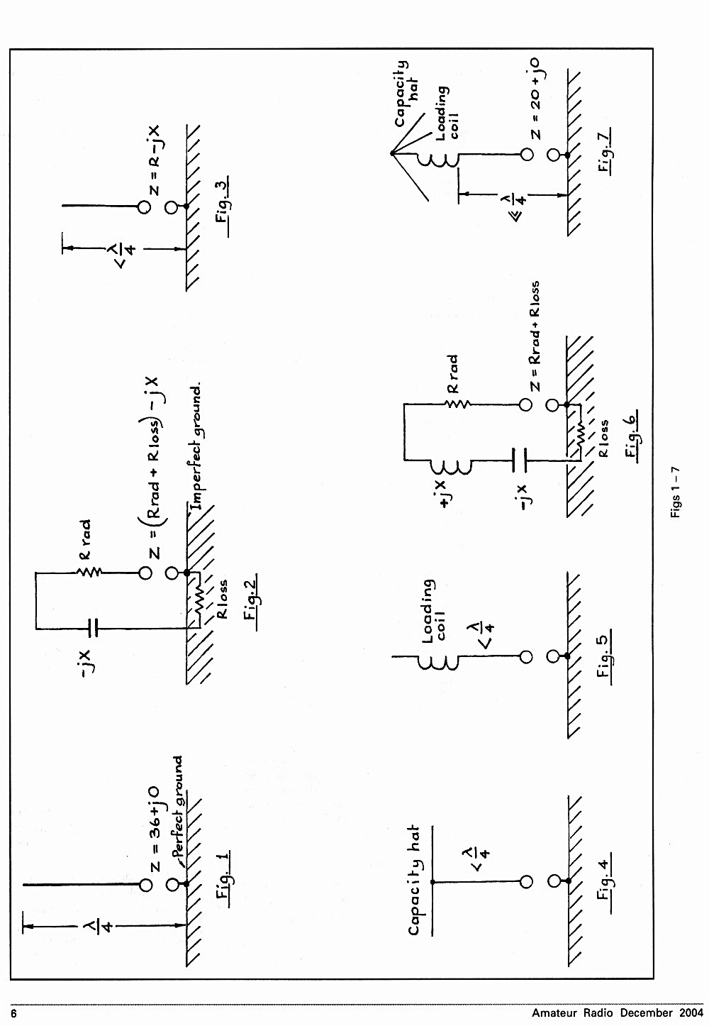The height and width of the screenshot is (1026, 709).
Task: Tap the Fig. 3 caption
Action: [x=222, y=206]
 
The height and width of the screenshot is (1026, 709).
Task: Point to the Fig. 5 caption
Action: [x=604, y=657]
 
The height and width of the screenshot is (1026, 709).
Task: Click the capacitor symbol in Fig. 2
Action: [x=93, y=629]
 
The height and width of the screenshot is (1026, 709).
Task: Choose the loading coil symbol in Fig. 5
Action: [x=438, y=656]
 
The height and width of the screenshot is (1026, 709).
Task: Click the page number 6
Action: [x=13, y=1014]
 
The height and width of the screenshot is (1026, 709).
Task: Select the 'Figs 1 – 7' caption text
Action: [x=675, y=492]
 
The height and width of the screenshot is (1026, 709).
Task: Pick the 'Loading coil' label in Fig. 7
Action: [x=446, y=113]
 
